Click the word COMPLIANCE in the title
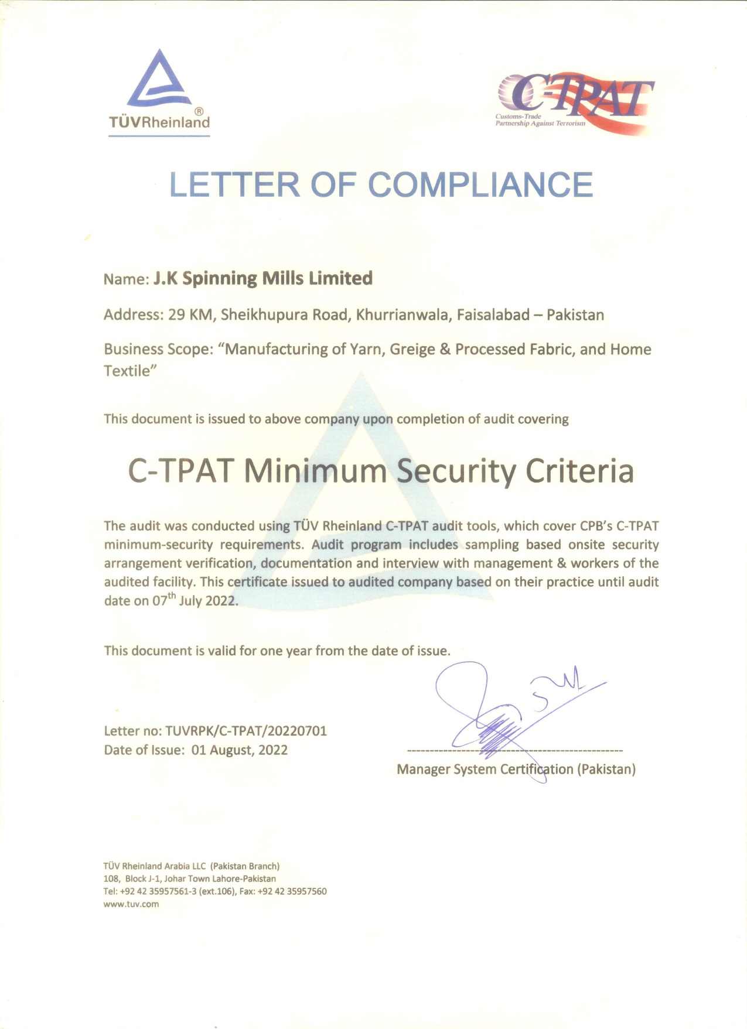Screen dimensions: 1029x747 pyautogui.click(x=480, y=185)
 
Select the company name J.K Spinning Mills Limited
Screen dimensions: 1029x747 pyautogui.click(x=262, y=278)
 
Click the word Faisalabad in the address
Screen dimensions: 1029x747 pyautogui.click(x=493, y=315)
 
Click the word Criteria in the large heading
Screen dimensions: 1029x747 pyautogui.click(x=579, y=471)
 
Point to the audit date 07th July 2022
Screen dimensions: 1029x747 pyautogui.click(x=195, y=600)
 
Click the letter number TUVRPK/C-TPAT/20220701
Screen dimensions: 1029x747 pyautogui.click(x=246, y=731)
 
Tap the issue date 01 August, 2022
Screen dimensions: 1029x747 pyautogui.click(x=240, y=750)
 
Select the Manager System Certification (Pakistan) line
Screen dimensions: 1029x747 pyautogui.click(x=516, y=769)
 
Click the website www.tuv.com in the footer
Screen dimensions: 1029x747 pyautogui.click(x=131, y=904)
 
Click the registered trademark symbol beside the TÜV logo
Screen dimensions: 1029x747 pyautogui.click(x=199, y=111)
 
